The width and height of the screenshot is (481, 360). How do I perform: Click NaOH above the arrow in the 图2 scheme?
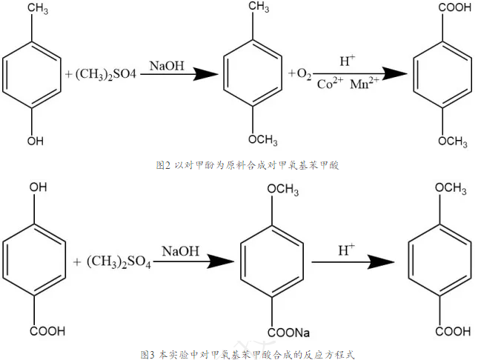[167, 65]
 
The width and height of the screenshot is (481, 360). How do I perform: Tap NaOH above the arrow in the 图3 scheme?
[180, 251]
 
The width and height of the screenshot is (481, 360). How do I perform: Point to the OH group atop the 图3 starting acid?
[36, 189]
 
